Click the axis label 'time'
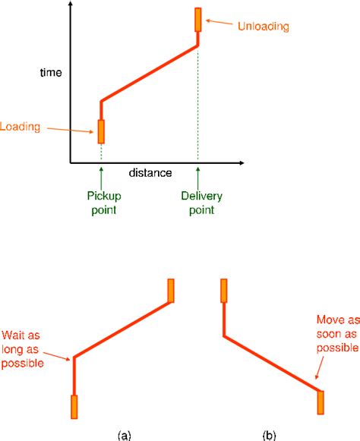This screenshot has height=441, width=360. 51,73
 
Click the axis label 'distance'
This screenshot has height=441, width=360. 150,173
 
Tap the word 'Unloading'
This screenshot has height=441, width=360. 264,26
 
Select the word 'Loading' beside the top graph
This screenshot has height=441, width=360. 20,127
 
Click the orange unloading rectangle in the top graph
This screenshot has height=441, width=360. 198,20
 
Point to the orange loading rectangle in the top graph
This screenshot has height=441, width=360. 101,131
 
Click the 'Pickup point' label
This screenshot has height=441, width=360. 104,203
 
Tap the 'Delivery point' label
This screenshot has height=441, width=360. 201,203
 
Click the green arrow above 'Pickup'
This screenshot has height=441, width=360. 101,178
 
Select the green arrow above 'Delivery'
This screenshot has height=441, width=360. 198,178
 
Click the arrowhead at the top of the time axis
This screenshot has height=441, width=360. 71,3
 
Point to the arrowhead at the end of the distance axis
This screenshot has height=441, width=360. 242,163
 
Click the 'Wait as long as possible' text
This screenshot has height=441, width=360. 23,349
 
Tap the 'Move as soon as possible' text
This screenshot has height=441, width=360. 338,334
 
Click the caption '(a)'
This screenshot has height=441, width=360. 124,436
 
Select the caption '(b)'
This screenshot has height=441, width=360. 269,436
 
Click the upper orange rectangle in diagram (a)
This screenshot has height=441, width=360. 171,291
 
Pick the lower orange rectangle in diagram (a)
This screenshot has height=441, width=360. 74,407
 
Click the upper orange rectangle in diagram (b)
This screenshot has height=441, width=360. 224,291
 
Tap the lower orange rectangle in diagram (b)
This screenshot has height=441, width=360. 321,402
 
